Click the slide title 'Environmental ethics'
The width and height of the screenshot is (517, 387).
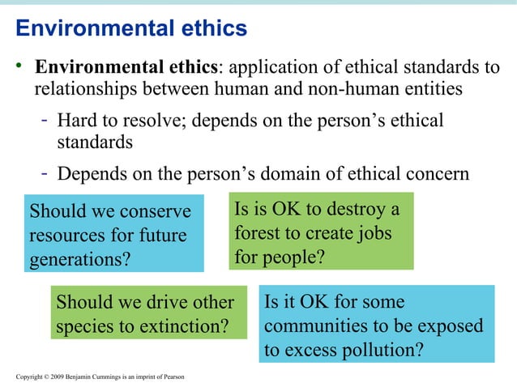point(131,29)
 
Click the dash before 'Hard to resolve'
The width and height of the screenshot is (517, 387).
point(46,121)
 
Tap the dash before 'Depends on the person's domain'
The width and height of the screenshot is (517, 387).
point(46,174)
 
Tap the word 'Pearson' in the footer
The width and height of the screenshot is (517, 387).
point(173,378)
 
